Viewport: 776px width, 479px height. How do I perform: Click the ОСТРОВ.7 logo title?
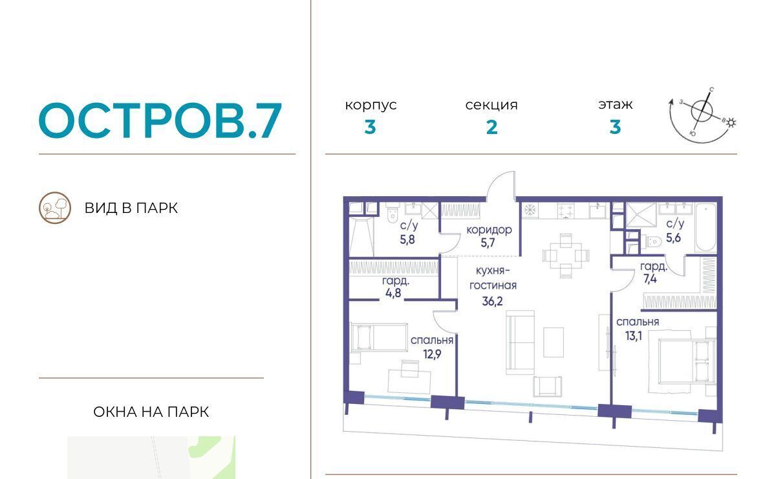tap(160, 120)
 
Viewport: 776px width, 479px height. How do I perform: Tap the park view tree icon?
tap(55, 208)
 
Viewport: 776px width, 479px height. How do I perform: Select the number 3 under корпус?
tap(370, 128)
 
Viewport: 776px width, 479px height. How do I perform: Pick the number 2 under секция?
tap(491, 128)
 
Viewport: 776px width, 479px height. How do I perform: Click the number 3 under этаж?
tap(615, 127)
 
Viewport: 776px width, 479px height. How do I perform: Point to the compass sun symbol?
tap(731, 122)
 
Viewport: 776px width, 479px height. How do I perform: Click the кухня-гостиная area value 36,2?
tap(492, 301)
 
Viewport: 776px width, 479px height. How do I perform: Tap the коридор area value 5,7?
tap(488, 243)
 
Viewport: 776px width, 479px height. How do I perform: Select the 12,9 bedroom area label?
tap(432, 354)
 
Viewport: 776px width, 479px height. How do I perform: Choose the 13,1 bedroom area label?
tap(633, 336)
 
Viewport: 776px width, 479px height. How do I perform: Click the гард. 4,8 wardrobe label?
tap(394, 287)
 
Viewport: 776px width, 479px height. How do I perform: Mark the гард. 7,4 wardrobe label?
tap(652, 273)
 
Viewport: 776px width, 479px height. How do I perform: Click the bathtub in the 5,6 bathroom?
tap(706, 227)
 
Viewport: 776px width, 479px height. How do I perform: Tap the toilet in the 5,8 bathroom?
tap(393, 215)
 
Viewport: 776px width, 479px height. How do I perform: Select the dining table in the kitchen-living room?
tap(566, 256)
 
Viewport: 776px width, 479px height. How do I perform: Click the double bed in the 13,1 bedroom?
tap(682, 361)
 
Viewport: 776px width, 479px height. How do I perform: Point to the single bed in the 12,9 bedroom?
tap(379, 337)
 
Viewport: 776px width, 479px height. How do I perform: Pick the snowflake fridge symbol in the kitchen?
tap(530, 210)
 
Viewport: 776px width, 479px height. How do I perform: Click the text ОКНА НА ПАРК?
tap(151, 412)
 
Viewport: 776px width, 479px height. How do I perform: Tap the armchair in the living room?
tap(547, 386)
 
